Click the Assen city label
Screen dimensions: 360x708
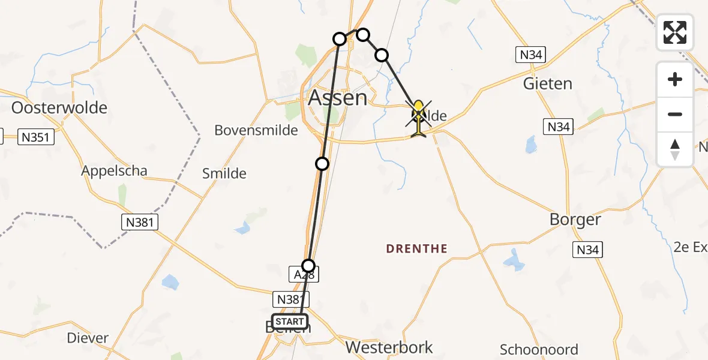(x=337, y=98)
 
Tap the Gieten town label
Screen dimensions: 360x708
(x=547, y=83)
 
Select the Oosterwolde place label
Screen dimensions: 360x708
(x=59, y=108)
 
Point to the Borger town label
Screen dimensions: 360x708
(x=575, y=220)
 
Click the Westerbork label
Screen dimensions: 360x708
(x=388, y=347)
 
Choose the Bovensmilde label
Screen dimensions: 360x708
(x=256, y=130)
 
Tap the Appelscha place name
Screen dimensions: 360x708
(x=114, y=171)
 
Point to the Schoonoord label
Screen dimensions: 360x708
(x=539, y=350)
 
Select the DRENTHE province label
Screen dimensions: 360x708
(x=417, y=248)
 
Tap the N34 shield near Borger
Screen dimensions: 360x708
(x=587, y=250)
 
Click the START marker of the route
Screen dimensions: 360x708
(x=290, y=322)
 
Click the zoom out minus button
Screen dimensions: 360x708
(x=675, y=114)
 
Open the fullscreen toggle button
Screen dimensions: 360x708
(x=675, y=32)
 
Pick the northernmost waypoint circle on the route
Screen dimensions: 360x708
(x=362, y=34)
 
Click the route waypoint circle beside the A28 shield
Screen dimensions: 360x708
(x=308, y=265)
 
